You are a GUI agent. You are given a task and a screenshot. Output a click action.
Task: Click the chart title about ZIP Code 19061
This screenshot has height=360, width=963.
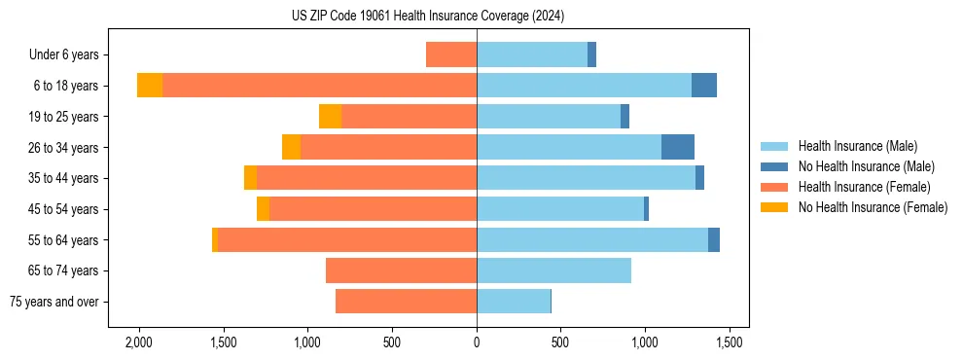coord(428,17)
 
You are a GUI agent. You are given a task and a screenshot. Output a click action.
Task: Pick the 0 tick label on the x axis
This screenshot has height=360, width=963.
coord(477,342)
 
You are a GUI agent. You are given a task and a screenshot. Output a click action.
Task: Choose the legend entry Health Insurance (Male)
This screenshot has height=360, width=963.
coord(857,146)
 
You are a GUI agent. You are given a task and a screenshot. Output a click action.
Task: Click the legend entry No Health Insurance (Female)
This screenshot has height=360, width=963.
coord(873,207)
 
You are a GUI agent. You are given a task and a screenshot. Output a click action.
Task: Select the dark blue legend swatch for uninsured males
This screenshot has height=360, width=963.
coord(775,166)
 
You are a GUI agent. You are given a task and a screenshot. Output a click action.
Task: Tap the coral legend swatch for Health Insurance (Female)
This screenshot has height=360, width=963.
coord(775,187)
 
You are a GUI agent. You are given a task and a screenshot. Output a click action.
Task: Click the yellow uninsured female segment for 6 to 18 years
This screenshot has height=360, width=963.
coord(150,86)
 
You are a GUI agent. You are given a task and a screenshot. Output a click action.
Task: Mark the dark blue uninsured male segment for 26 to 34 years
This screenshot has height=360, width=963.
coord(678,147)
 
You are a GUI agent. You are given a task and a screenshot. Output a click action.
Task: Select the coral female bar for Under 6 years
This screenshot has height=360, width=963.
coord(451,54)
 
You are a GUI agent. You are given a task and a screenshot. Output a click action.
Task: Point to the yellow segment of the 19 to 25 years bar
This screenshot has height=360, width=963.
coord(330,117)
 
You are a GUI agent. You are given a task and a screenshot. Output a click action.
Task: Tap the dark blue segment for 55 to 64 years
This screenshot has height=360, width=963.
coord(714,239)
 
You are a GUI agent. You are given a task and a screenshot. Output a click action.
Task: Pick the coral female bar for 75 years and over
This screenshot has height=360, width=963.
coord(406,302)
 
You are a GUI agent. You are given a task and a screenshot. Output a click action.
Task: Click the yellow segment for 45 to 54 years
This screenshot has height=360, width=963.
coord(263,209)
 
